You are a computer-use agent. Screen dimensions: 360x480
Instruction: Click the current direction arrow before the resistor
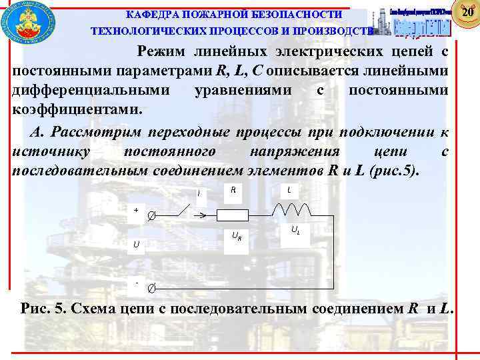[199, 215]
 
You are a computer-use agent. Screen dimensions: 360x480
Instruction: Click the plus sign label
[136, 209]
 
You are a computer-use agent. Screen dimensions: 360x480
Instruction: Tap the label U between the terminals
[137, 245]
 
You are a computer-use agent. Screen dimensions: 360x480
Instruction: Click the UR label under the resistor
[236, 235]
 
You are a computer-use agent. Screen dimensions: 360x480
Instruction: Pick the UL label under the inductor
[294, 230]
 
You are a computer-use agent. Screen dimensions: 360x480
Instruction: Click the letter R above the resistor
[233, 190]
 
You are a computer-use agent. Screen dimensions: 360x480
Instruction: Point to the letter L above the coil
[289, 190]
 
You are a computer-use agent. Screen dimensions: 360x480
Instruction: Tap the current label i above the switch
[198, 193]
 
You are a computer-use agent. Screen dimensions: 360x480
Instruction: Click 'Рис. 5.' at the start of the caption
[44, 309]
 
